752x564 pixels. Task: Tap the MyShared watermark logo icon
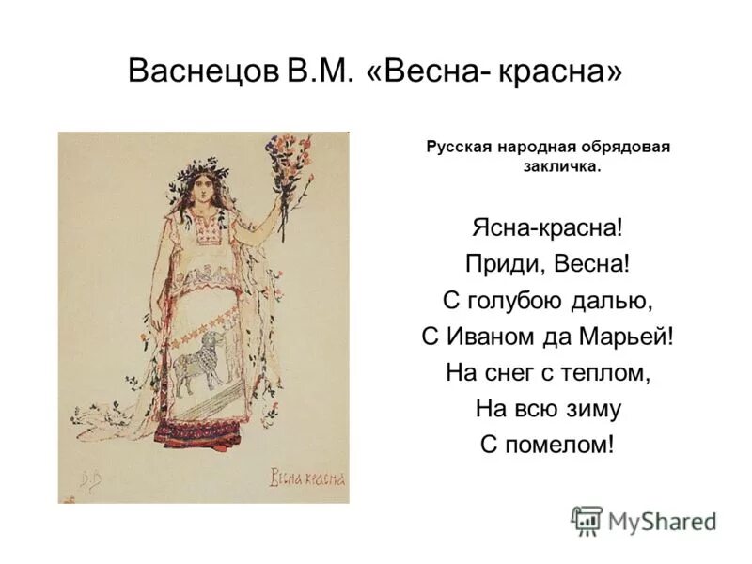pos(588,520)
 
